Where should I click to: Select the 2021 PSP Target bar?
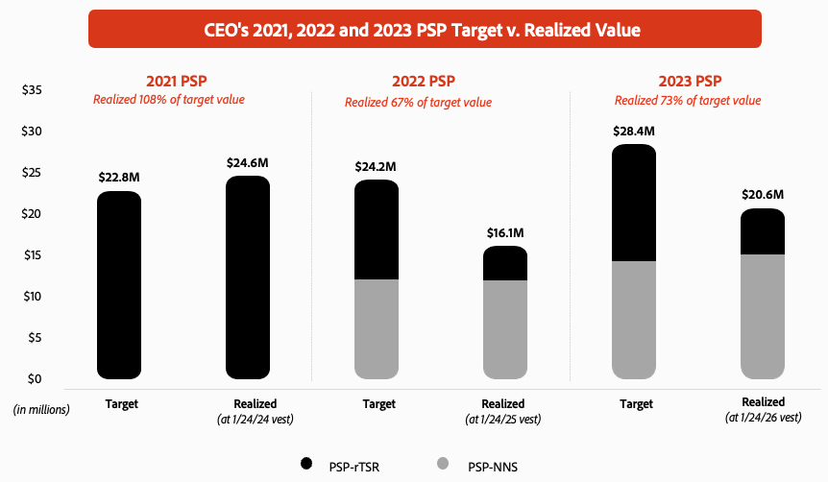(x=120, y=284)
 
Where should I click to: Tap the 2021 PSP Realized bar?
(x=248, y=277)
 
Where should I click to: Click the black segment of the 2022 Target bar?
(x=377, y=230)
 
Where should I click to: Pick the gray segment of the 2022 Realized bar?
(x=504, y=328)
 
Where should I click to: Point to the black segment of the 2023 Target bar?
(x=634, y=204)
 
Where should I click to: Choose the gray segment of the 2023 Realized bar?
(x=762, y=316)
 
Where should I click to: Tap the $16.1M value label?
(x=504, y=232)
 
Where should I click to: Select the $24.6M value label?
(x=248, y=162)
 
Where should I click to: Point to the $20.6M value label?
(x=763, y=194)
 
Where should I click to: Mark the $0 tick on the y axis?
(x=35, y=378)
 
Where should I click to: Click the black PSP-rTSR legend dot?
(x=306, y=463)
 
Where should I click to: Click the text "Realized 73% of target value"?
(x=688, y=101)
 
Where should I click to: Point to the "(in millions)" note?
(x=41, y=409)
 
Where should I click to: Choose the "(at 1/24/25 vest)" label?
(x=503, y=419)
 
